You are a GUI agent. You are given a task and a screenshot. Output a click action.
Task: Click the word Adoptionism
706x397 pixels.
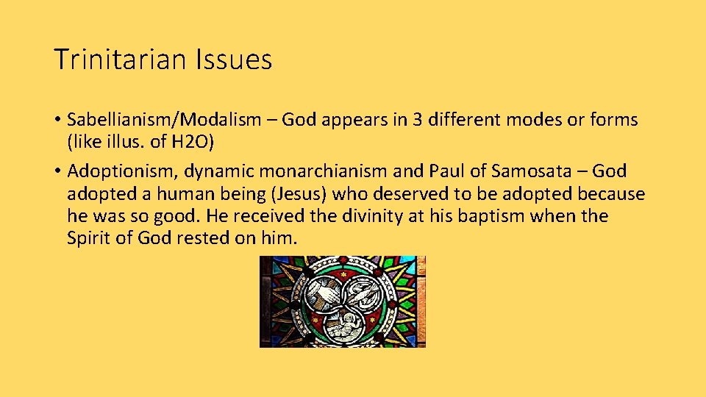[x=122, y=171]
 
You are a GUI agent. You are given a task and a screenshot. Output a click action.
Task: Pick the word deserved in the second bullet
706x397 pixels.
[x=408, y=194]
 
